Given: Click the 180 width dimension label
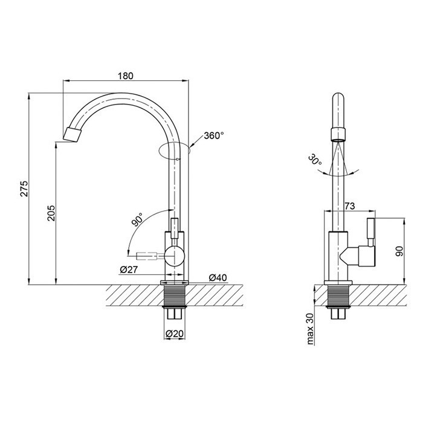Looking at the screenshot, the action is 126,76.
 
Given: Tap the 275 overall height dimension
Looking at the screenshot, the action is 24,189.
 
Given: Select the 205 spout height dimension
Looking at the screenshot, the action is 51,213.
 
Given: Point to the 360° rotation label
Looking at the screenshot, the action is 214,135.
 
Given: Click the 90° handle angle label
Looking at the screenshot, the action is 138,219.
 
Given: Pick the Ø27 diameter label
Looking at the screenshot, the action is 129,270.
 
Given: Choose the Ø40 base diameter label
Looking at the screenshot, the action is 218,277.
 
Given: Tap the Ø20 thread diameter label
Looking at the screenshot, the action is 175,334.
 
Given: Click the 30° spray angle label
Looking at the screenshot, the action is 315,160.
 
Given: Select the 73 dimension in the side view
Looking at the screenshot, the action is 350,206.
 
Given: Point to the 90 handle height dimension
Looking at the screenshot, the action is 399,251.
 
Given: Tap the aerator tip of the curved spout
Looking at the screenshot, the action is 72,135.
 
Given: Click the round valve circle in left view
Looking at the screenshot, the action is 175,256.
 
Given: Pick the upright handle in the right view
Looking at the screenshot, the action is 370,232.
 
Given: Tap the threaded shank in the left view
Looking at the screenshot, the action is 175,295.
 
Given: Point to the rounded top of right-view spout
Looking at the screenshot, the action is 338,98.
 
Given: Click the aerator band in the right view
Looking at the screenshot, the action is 338,134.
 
